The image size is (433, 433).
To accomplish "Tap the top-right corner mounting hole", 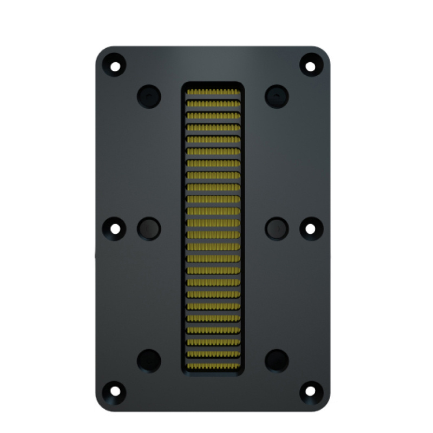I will coord(310,66).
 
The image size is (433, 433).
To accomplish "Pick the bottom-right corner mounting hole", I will coord(310,390).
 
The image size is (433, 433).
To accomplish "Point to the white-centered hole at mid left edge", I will coord(115,228).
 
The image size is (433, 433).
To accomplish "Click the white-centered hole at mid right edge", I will coord(310,228).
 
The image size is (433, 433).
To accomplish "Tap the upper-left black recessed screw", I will coord(148,96).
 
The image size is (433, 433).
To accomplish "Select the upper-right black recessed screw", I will coord(277,96).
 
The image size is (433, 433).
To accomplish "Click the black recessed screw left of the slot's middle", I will coord(148,228).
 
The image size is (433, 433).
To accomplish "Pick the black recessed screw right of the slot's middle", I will coord(277,228).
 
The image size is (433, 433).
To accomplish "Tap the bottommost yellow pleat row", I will coord(213,366).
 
